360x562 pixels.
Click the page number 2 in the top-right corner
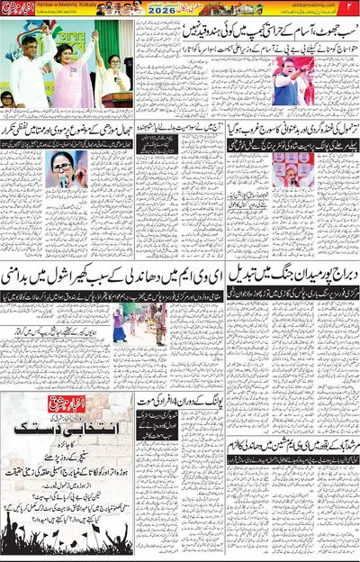tap(353, 8)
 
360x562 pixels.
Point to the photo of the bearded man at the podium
tap(285, 168)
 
